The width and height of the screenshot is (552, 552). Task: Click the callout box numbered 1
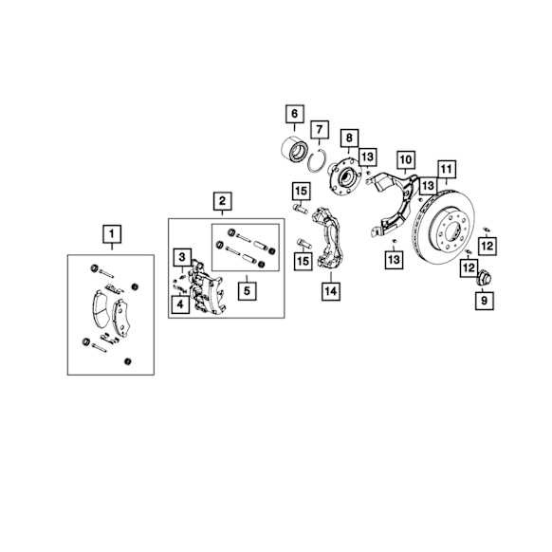(112, 233)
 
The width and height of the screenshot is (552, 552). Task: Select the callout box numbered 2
(223, 201)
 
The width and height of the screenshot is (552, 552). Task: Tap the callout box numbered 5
(247, 291)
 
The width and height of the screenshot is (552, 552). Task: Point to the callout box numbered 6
(295, 114)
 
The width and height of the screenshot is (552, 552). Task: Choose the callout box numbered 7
(320, 130)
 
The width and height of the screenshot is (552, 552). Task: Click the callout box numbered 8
(349, 138)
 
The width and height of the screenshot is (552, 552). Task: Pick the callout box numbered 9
(485, 301)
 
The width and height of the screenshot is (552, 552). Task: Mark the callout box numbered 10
(406, 160)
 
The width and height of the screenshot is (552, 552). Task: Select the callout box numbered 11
(447, 170)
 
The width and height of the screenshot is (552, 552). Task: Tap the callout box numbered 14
(331, 291)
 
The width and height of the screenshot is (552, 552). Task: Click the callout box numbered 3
(182, 257)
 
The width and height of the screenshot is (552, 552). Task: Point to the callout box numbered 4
(180, 304)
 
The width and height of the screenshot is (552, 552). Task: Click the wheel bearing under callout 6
(295, 149)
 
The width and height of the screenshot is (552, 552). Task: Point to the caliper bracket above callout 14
(330, 239)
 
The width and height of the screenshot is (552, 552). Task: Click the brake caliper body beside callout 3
(207, 287)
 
